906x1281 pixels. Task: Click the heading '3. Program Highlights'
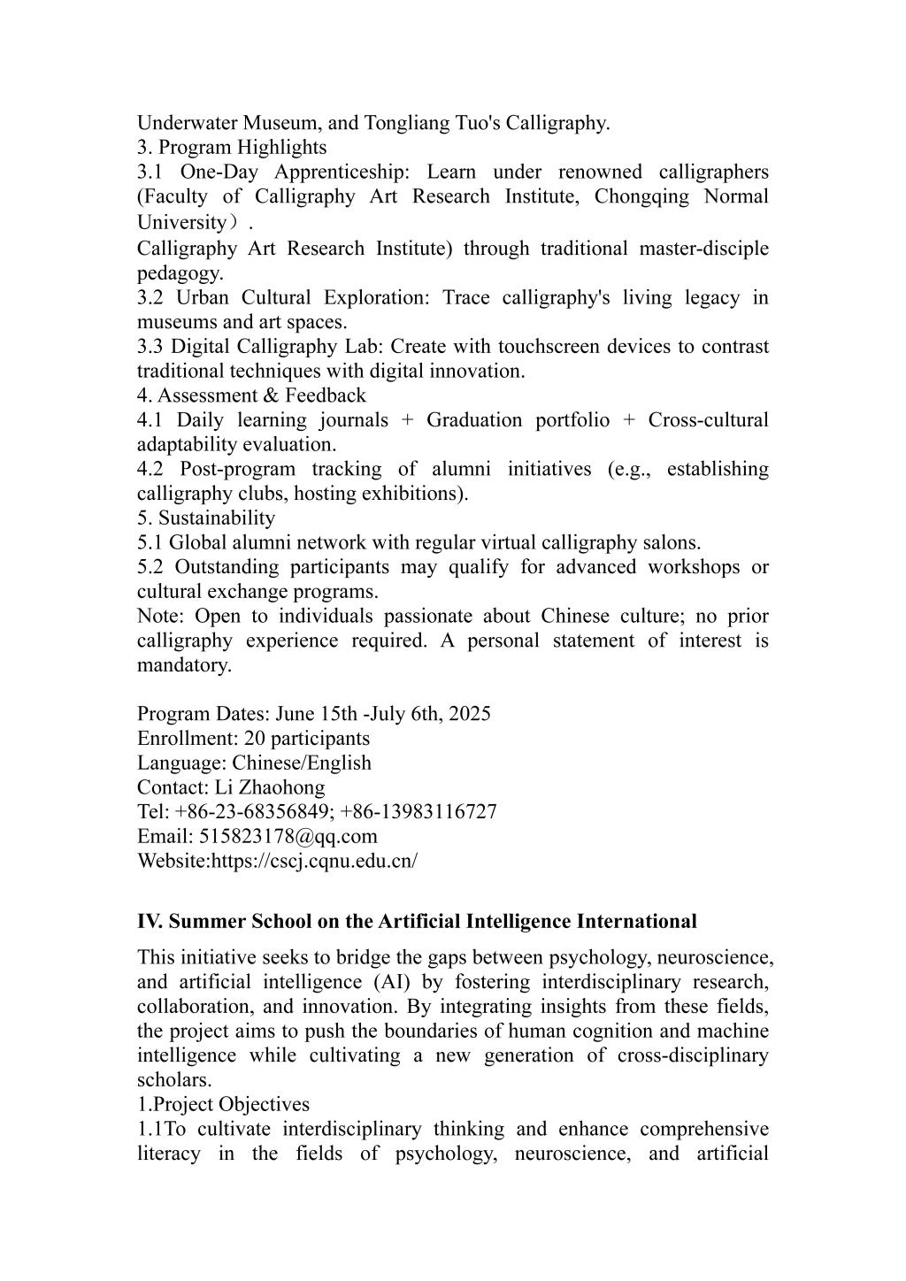(232, 147)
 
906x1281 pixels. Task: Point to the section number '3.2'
(150, 297)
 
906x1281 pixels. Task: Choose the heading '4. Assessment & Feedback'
(251, 395)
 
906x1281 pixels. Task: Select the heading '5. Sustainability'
(206, 518)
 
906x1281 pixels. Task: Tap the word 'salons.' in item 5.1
(672, 542)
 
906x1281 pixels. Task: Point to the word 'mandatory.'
(184, 664)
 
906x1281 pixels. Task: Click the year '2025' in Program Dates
(469, 714)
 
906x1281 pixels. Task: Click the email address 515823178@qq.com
(288, 836)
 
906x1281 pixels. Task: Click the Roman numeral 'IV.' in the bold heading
(150, 922)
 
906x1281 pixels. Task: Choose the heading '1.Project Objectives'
(223, 1104)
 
